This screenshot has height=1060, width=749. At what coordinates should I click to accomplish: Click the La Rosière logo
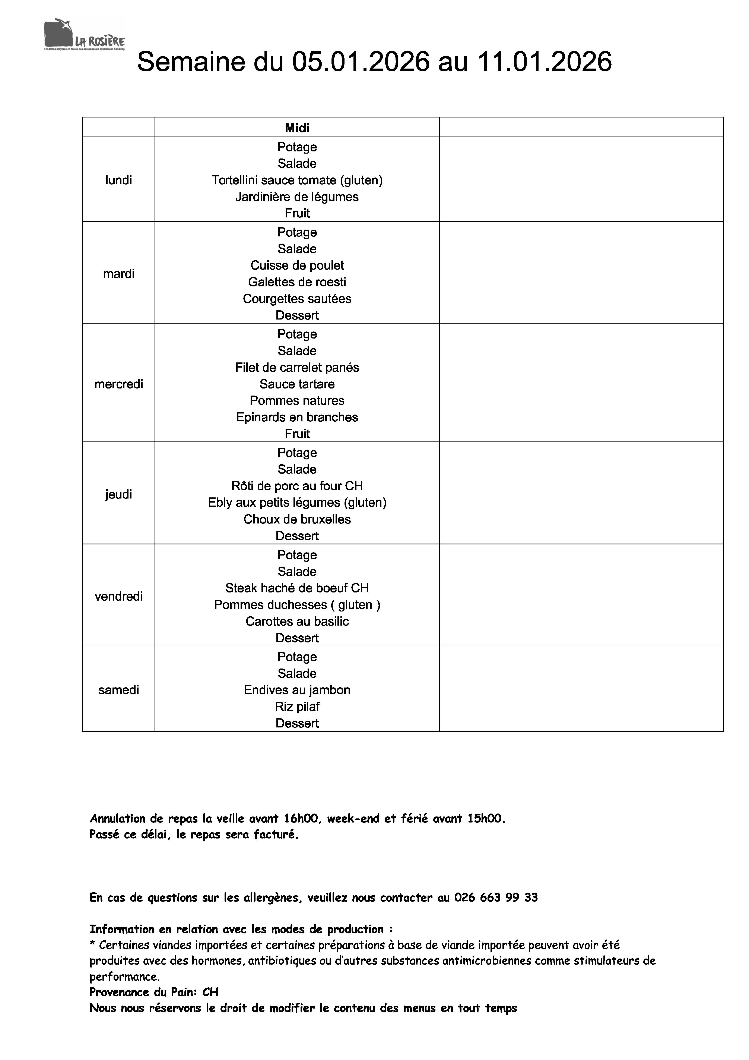pyautogui.click(x=85, y=35)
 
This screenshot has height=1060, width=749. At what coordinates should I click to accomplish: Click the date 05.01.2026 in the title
pyautogui.click(x=361, y=62)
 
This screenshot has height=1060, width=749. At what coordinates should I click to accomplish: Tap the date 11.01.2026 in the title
pyautogui.click(x=545, y=62)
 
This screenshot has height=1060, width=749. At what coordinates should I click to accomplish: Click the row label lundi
pyautogui.click(x=119, y=180)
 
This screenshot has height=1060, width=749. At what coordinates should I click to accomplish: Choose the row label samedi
pyautogui.click(x=119, y=690)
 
